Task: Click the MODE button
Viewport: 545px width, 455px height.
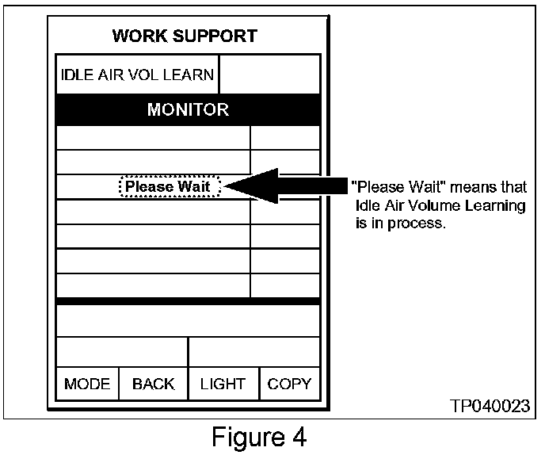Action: (87, 384)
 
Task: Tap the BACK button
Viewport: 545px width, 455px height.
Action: (153, 384)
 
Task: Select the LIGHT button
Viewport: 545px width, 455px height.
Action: (223, 384)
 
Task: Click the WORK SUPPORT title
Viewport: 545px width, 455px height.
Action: (185, 36)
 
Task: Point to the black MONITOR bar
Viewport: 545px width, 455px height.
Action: (188, 109)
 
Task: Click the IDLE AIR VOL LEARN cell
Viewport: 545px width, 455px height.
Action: (138, 75)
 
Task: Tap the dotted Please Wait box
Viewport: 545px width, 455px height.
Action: (169, 187)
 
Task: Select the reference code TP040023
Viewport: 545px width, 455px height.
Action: (489, 406)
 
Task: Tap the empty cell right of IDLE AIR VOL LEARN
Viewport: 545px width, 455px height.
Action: (269, 75)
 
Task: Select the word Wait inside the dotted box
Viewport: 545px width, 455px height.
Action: (193, 187)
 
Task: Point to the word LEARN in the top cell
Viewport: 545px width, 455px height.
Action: (192, 75)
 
